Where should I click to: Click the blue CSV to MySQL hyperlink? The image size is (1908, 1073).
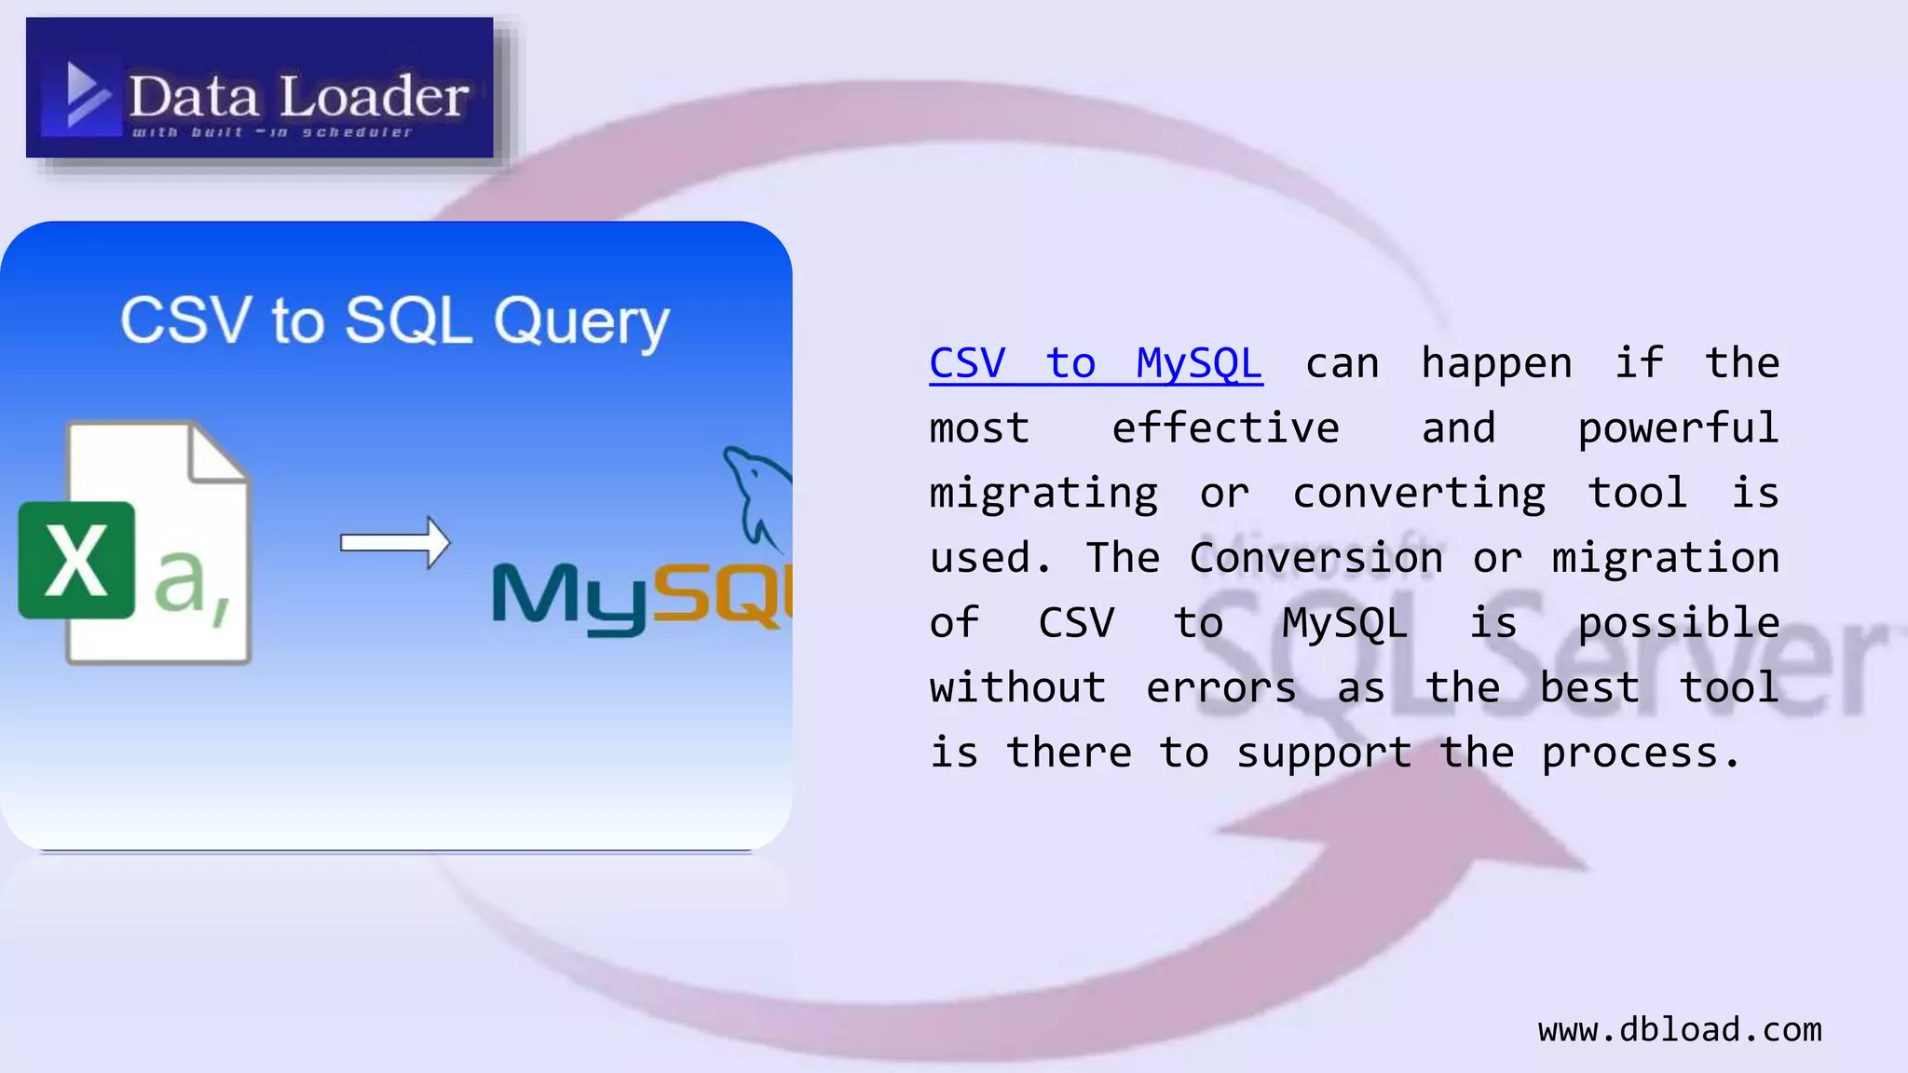tap(1096, 363)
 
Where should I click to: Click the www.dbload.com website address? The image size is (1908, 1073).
tap(1679, 1029)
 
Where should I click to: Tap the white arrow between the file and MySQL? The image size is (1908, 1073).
tap(395, 542)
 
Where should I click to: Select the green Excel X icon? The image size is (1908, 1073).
tap(76, 560)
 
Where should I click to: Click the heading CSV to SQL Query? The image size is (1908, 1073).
tap(395, 321)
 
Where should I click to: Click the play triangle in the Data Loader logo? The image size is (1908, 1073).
tap(86, 94)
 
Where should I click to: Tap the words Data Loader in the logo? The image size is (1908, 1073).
tap(298, 96)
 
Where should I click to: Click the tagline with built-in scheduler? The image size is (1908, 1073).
tap(271, 133)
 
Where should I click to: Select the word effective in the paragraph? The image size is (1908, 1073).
tap(1225, 428)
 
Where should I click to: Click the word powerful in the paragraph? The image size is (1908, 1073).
tap(1677, 428)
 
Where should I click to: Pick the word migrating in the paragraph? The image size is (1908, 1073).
tap(1043, 494)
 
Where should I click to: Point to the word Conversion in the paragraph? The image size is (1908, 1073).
tap(1315, 558)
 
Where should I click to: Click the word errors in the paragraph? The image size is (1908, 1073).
tap(1220, 688)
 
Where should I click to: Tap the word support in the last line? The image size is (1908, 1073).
tap(1323, 753)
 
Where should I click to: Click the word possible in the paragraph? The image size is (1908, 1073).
tap(1677, 623)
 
